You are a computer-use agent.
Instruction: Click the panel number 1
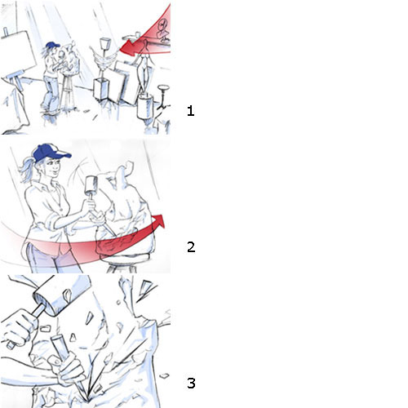(x=191, y=111)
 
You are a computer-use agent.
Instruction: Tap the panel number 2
(x=191, y=247)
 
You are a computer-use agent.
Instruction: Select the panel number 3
(x=191, y=383)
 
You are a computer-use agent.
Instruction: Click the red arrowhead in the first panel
(x=128, y=48)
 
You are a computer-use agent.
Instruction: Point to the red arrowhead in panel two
(x=158, y=221)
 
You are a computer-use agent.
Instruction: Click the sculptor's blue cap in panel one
(x=52, y=45)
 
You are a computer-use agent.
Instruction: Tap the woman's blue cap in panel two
(x=51, y=153)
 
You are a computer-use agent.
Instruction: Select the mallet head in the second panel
(x=91, y=184)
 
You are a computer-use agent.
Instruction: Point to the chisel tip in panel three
(x=86, y=400)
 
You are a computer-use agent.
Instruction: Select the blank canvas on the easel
(x=19, y=51)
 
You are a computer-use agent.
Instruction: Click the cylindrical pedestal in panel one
(x=145, y=106)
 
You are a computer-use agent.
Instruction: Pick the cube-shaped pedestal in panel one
(x=101, y=89)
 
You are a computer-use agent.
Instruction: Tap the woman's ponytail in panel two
(x=27, y=170)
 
